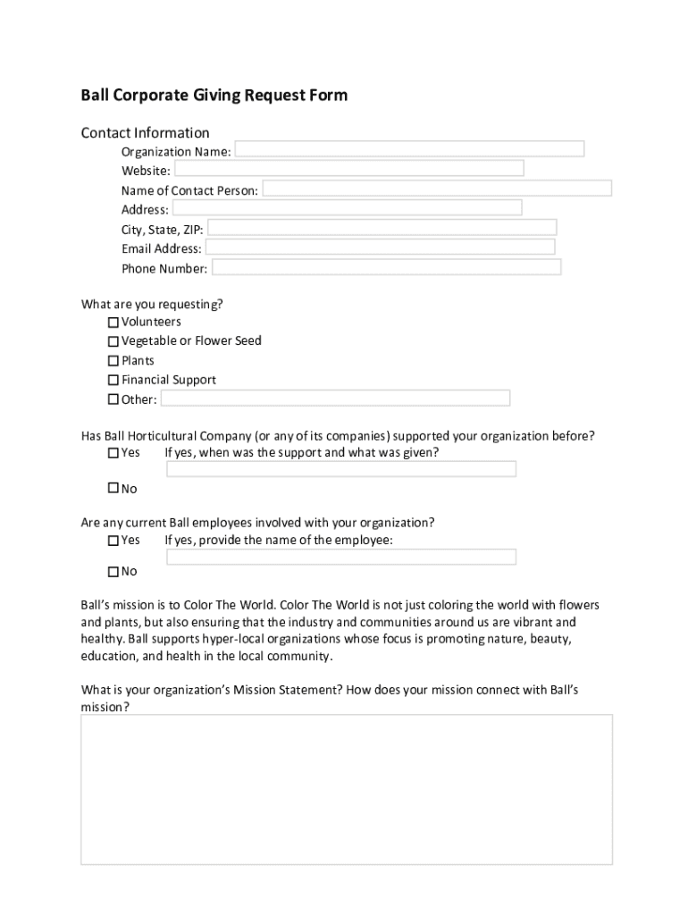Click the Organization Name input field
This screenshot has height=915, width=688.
tap(409, 149)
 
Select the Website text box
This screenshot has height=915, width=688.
tap(348, 169)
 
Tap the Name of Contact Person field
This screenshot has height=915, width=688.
tap(437, 189)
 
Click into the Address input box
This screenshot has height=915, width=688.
tap(347, 208)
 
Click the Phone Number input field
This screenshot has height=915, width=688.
tap(386, 267)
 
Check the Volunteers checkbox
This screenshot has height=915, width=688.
tap(113, 322)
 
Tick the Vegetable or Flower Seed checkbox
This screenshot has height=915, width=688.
tap(113, 341)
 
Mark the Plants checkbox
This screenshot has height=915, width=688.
tap(113, 361)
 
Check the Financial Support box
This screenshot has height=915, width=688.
tap(113, 381)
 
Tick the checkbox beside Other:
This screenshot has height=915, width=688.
tap(113, 399)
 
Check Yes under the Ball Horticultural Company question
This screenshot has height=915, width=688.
tap(113, 453)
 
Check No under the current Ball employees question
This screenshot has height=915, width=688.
tap(113, 571)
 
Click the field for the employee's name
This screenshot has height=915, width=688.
tap(341, 557)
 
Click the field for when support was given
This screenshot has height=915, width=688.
tap(341, 469)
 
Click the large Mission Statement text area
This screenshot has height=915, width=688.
tap(347, 789)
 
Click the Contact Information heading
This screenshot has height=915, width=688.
tap(146, 133)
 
